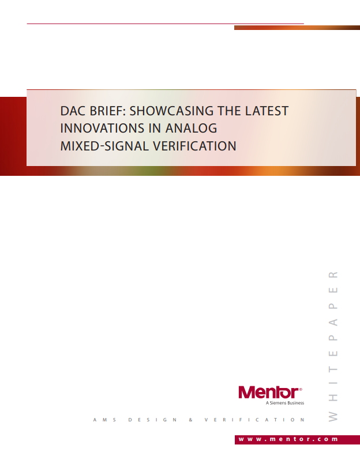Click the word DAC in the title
(73, 111)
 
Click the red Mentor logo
(268, 393)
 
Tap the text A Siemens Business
(285, 403)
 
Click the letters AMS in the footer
(104, 420)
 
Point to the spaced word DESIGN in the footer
(152, 420)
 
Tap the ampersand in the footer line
(190, 420)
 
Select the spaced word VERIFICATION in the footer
(254, 420)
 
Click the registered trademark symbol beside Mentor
(301, 389)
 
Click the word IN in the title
(159, 128)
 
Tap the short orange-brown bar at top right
(297, 28)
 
